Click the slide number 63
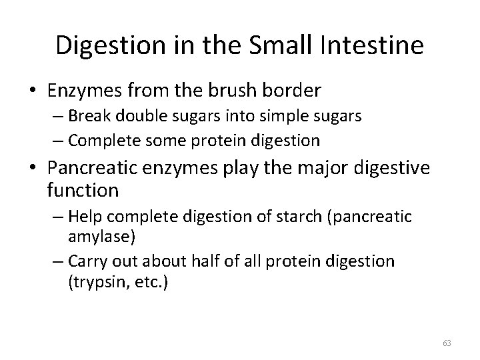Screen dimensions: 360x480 [447, 343]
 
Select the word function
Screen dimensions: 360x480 [83, 191]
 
